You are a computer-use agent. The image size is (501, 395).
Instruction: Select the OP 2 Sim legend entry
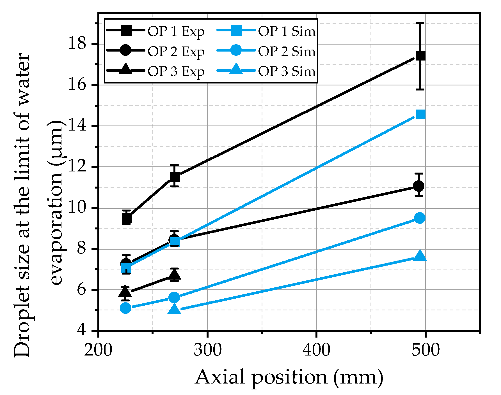[266, 51]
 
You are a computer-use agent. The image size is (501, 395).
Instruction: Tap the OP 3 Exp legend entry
[155, 71]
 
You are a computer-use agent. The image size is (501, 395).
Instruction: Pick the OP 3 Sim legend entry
[266, 71]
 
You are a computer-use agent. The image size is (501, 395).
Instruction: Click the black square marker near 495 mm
[420, 56]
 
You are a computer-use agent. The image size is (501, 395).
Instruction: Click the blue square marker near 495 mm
[420, 114]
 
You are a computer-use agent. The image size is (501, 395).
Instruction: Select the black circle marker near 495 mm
[419, 186]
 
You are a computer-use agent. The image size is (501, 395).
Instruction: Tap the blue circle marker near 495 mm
[420, 218]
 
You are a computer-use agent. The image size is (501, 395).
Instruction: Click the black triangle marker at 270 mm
[175, 275]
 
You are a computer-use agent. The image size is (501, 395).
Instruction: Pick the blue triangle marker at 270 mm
[174, 309]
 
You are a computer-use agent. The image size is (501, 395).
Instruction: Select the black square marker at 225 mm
[127, 218]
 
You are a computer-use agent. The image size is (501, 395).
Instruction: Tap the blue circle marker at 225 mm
[125, 308]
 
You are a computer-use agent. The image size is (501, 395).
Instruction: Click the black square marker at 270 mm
[175, 177]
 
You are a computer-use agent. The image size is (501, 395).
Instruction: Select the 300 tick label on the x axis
[207, 350]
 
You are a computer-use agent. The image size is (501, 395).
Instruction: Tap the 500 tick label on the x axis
[425, 350]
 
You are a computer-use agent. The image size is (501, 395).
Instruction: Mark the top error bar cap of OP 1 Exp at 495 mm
[420, 22]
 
